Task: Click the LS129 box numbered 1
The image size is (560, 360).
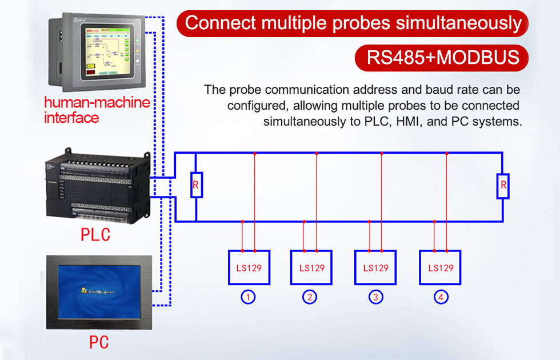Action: pos(249,267)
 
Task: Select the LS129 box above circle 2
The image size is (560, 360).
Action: pos(311,267)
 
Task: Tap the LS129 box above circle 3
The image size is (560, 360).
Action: pos(375,267)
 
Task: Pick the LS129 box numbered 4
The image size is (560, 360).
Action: pos(440,267)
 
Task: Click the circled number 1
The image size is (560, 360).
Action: pos(248,297)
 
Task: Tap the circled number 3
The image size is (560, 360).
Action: pos(375,297)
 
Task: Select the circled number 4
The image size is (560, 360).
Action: pos(441,297)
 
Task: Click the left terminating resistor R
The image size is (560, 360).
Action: pos(196,185)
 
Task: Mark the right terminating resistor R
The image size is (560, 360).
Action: pos(503,185)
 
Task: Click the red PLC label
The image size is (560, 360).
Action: pos(95,235)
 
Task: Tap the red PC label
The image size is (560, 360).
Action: pos(98,342)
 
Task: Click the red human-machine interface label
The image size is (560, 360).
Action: pos(97,110)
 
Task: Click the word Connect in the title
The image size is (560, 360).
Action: pos(221,23)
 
